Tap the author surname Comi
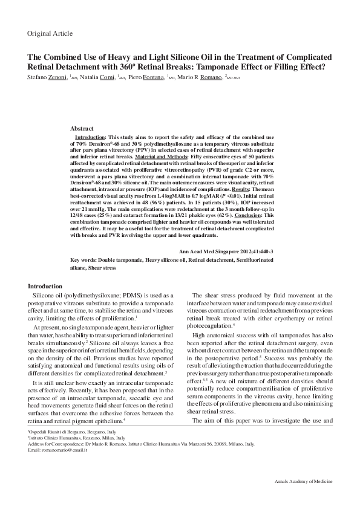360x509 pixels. [x=105, y=78]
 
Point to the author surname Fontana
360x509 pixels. [x=152, y=78]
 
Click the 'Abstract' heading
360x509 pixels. [x=82, y=129]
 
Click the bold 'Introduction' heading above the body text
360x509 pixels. [x=45, y=286]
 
